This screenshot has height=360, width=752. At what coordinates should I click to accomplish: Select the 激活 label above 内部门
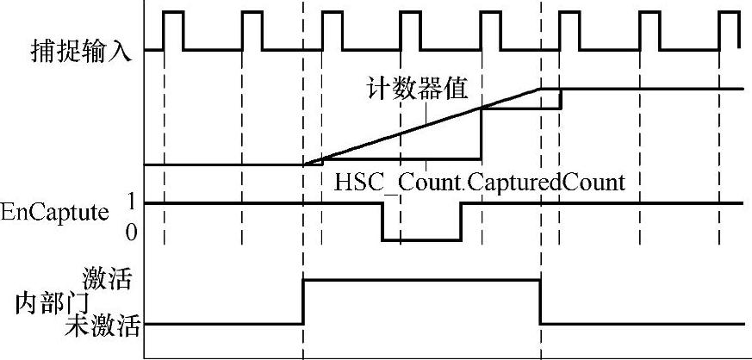[x=112, y=280]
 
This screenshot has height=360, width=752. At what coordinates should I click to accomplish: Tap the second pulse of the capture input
[x=252, y=30]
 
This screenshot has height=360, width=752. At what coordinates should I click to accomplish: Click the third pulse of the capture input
[x=331, y=30]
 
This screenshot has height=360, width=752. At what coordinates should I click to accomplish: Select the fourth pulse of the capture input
[x=411, y=30]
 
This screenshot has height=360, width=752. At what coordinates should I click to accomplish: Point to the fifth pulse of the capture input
[x=489, y=30]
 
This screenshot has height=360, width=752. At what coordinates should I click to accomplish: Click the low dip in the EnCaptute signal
[x=421, y=239]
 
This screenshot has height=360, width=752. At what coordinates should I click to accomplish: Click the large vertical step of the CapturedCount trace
[x=481, y=133]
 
